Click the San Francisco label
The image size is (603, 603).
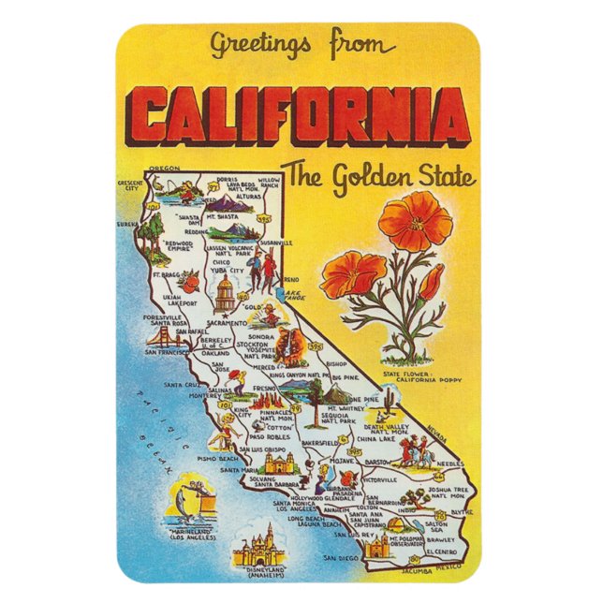[x=168, y=353]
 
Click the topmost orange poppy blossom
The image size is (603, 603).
[x=416, y=220]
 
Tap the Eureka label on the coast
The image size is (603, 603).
[x=127, y=225]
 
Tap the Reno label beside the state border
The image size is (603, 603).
[x=291, y=279]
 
